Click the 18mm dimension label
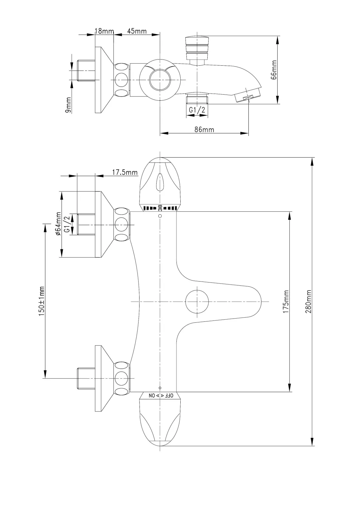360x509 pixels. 104,31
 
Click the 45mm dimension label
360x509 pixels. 137,31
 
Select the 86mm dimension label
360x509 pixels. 204,130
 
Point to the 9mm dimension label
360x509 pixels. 68,105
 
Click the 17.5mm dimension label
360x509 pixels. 125,172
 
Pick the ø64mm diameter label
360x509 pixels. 58,224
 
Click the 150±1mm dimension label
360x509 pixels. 41,301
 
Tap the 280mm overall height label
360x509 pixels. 309,301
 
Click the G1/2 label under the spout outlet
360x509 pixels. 197,110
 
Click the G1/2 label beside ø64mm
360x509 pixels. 67,224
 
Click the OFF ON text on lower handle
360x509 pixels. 160,395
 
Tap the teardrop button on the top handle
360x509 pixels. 160,182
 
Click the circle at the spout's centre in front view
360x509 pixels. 197,301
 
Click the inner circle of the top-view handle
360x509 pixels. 160,79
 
